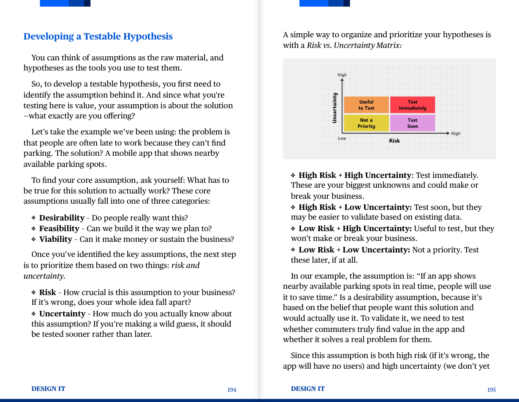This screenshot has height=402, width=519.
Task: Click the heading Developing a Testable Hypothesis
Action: pos(98,36)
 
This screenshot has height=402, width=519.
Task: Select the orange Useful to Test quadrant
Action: pos(366,105)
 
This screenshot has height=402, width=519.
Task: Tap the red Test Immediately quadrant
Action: pos(413,105)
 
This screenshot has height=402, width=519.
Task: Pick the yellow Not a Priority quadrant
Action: pos(366,123)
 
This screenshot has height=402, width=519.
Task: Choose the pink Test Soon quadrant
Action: pos(413,123)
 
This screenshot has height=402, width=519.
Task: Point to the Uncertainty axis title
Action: pos(334,107)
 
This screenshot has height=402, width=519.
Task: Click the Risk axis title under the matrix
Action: pos(394,141)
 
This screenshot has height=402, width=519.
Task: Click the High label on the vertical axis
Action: pos(342,75)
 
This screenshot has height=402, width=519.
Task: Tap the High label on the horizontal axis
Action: pos(456,134)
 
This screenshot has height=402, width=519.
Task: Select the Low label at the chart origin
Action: pos(342,138)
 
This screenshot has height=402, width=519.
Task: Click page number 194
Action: pos(232,390)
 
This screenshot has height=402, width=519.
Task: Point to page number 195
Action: pos(491,390)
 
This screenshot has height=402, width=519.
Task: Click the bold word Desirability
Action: pos(62,218)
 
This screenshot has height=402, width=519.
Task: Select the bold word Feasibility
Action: pos(59,229)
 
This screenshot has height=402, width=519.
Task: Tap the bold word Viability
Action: pos(55,239)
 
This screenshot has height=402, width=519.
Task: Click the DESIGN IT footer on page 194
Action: pos(48,389)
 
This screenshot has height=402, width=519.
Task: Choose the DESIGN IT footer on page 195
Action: pos(308,389)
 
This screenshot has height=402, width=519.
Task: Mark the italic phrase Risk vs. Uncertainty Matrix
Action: pos(354,45)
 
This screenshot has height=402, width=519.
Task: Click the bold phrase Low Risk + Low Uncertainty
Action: pos(354,250)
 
